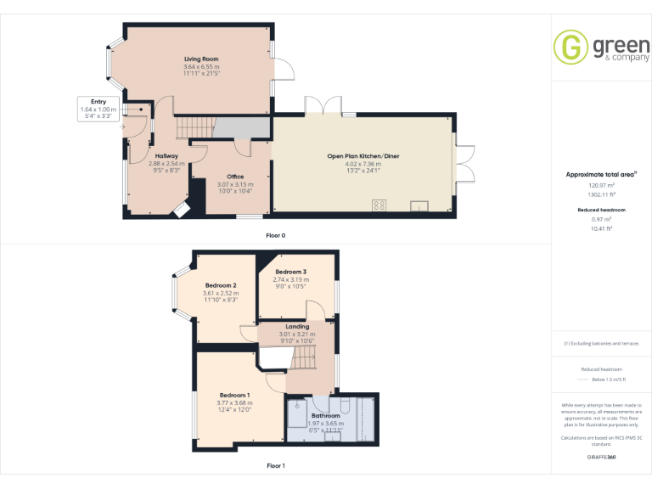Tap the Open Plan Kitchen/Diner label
363,157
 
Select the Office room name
235,177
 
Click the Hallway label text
166,156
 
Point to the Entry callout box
98,109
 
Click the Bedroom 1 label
234,396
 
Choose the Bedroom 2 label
220,285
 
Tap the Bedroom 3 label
291,272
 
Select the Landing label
297,327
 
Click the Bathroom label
325,416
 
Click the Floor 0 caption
276,234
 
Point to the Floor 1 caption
276,465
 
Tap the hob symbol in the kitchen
379,205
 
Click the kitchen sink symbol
419,205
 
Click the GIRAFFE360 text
601,458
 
